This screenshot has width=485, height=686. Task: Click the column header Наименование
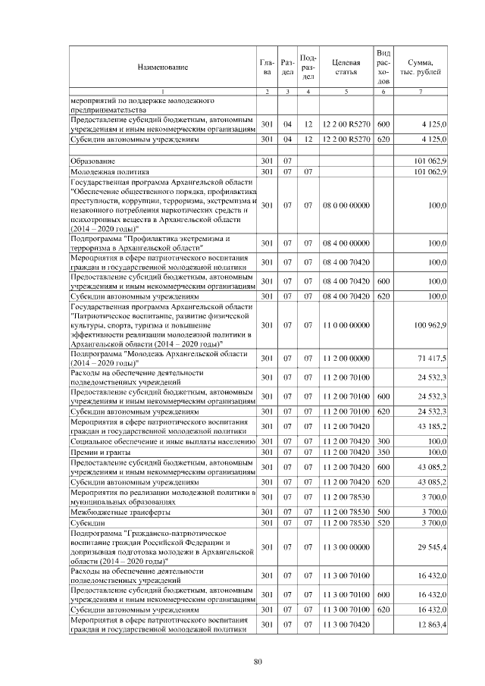(162, 67)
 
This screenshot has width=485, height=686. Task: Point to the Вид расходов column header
(383, 67)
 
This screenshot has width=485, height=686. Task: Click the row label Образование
(92, 161)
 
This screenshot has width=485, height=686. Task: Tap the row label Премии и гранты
(99, 452)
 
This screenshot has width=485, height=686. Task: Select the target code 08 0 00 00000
(346, 205)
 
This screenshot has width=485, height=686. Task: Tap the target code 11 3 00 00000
(346, 545)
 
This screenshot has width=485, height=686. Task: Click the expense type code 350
(383, 452)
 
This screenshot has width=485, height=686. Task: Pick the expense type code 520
(383, 523)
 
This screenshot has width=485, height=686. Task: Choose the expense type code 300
(383, 441)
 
